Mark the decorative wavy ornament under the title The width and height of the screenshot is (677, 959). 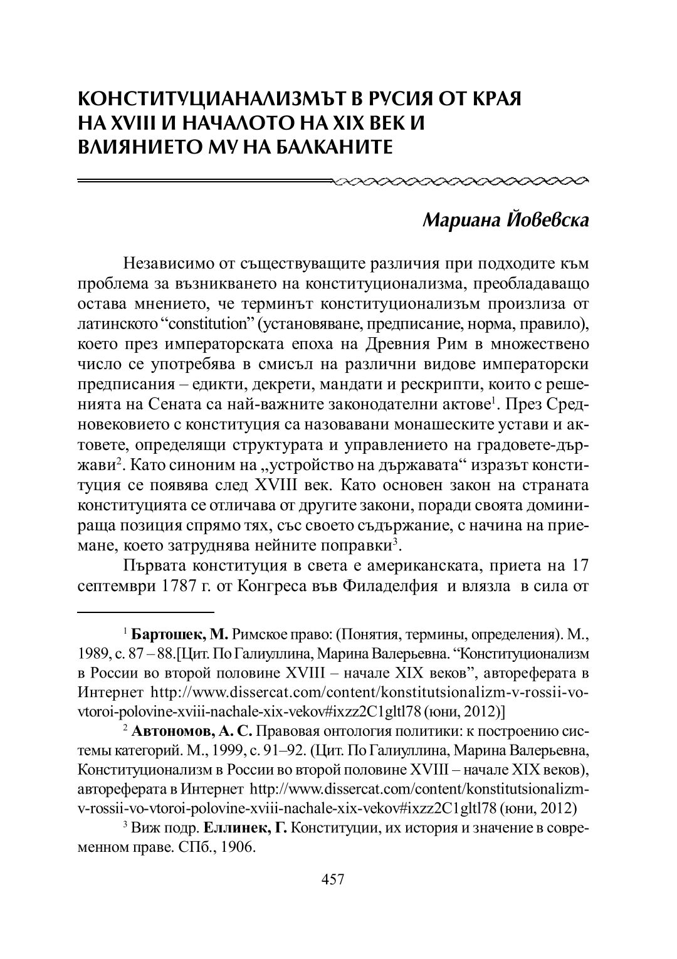pyautogui.click(x=461, y=182)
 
